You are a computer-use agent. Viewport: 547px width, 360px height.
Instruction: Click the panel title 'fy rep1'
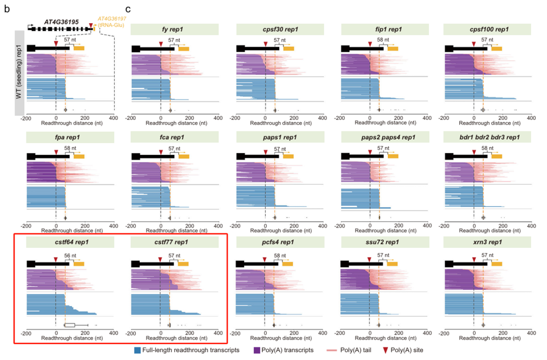click(x=174, y=29)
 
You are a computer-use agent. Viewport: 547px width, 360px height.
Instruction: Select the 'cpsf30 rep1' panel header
click(x=279, y=29)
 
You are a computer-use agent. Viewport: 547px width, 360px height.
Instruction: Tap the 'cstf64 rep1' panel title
click(x=70, y=242)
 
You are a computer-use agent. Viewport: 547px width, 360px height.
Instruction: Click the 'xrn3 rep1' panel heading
click(x=488, y=242)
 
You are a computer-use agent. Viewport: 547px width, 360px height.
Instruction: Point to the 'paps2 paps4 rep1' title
click(x=384, y=138)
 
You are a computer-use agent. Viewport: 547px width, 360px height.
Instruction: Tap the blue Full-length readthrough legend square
click(x=138, y=350)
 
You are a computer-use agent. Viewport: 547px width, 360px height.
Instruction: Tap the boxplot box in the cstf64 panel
click(x=70, y=325)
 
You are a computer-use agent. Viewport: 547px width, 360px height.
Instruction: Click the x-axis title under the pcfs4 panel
click(x=279, y=339)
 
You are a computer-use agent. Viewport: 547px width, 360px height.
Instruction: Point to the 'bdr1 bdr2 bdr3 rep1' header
click(x=488, y=138)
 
